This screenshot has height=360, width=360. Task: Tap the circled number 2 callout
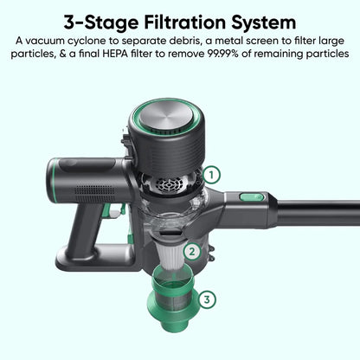pos(194,254)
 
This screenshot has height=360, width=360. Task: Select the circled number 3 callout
pos(207,299)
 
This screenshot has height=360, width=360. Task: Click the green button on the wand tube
pos(251,197)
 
